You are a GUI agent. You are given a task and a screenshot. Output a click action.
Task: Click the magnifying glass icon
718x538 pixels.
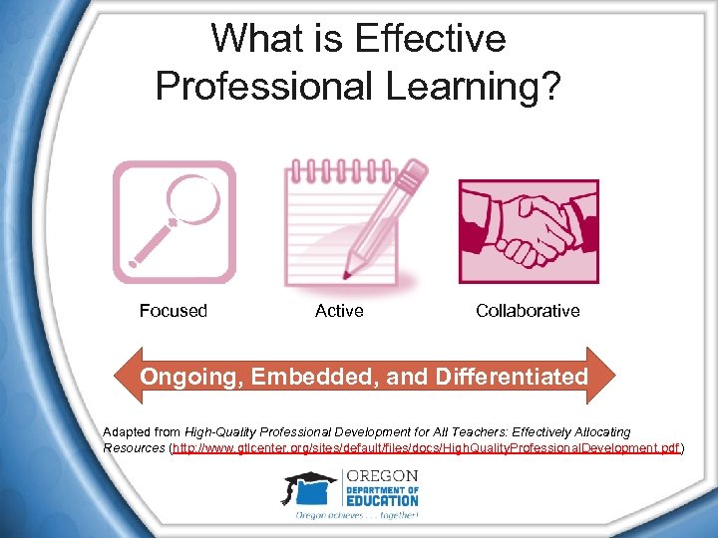point(175,222)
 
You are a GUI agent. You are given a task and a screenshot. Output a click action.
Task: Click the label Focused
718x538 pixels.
point(174,311)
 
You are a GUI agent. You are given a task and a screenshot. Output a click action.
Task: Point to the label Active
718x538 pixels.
point(339,311)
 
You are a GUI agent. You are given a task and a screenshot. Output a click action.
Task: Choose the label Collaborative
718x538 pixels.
point(528,311)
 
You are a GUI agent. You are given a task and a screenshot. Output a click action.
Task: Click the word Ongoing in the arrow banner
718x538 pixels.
point(188,377)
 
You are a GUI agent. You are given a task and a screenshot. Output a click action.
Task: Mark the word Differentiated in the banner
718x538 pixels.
point(504,377)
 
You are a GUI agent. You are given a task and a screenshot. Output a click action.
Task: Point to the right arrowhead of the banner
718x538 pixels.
point(602,377)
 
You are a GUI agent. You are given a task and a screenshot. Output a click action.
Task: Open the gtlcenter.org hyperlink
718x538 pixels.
point(427,449)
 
